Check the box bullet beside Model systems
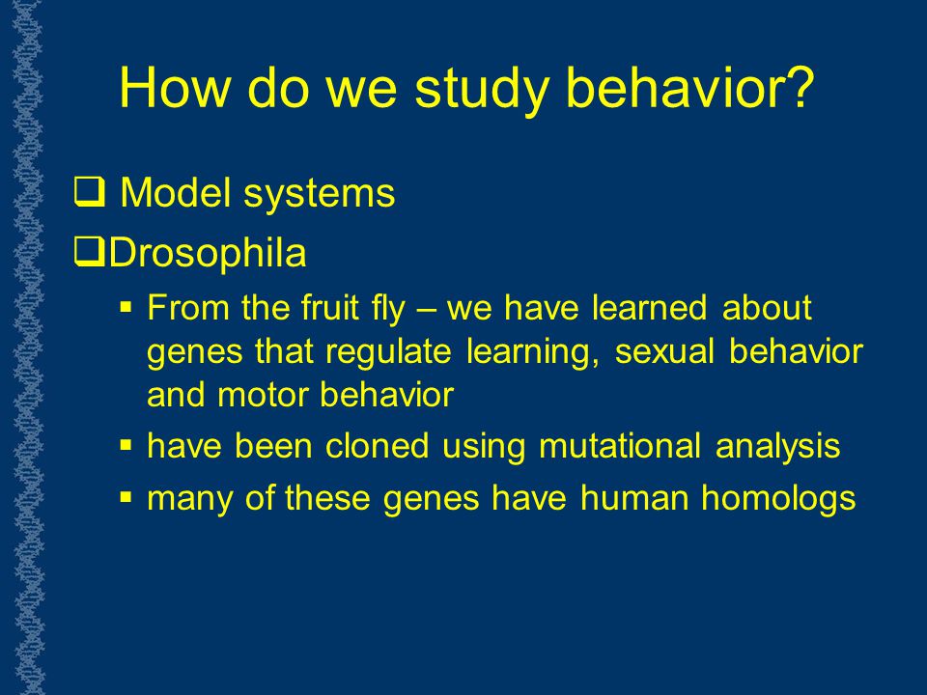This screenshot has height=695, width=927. point(89,193)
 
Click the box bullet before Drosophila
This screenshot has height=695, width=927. point(89,252)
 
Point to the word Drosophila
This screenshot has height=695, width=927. point(208,253)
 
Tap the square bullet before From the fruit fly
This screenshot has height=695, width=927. point(126,307)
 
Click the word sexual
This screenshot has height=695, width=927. point(664,350)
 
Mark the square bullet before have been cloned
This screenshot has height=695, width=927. point(126,444)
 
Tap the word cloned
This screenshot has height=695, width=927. point(378,446)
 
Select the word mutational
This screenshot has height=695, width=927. point(620,446)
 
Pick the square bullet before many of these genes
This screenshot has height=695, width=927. point(126,496)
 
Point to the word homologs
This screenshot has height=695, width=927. point(778,499)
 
